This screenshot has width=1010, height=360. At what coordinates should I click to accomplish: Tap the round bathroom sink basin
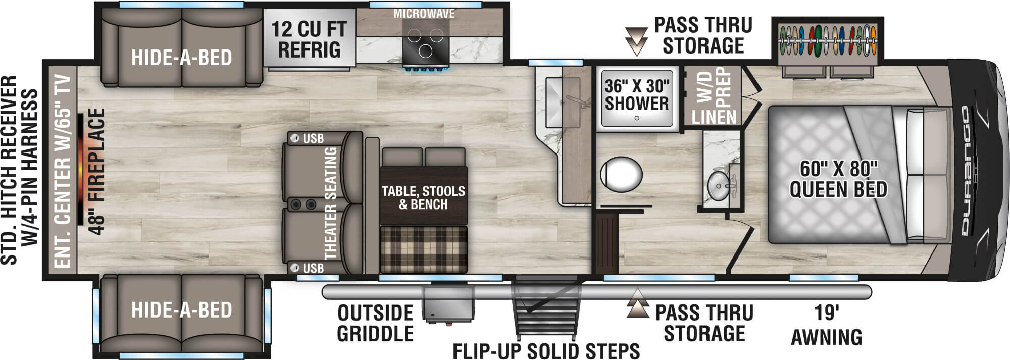pyautogui.click(x=717, y=185)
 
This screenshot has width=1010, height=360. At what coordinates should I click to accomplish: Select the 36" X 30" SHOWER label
pyautogui.click(x=636, y=95)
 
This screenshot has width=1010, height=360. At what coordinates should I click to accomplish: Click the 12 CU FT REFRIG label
pyautogui.click(x=309, y=39)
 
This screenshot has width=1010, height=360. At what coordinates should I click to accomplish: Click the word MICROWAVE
pyautogui.click(x=424, y=14)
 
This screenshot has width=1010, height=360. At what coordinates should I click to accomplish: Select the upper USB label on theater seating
pyautogui.click(x=313, y=138)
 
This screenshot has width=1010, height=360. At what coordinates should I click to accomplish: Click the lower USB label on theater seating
pyautogui.click(x=313, y=268)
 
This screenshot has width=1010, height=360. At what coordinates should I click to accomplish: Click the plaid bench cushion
pyautogui.click(x=423, y=248)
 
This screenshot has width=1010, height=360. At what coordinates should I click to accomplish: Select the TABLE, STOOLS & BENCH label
pyautogui.click(x=423, y=197)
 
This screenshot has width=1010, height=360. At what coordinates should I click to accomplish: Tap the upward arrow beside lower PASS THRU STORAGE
pyautogui.click(x=637, y=303)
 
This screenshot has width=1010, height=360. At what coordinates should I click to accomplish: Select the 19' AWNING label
pyautogui.click(x=826, y=325)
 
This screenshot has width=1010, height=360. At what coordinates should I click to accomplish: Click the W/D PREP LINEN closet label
pyautogui.click(x=714, y=96)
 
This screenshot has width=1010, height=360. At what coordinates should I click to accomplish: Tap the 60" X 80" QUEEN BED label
pyautogui.click(x=838, y=179)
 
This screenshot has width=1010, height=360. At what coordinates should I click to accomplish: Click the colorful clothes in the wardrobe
pyautogui.click(x=827, y=40)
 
